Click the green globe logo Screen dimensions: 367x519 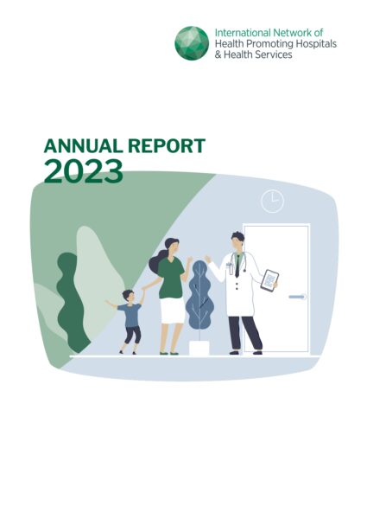coord(192,43)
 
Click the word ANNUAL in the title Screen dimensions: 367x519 coord(83,146)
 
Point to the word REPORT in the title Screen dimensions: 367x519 coord(167,146)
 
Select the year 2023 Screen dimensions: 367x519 coord(83,171)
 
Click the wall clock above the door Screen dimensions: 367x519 coord(273,201)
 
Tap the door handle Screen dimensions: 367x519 coord(297,297)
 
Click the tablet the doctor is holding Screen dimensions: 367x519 coord(269,280)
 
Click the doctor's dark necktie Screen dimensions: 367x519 coord(237,266)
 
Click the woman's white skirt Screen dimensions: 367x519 coord(172,311)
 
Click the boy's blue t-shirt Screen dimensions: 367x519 coord(130,315)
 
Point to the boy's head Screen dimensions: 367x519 coord(128,296)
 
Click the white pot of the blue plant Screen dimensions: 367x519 coord(199,348)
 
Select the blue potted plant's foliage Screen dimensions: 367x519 coord(199,295)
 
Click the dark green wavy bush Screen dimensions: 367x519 coord(71,301)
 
